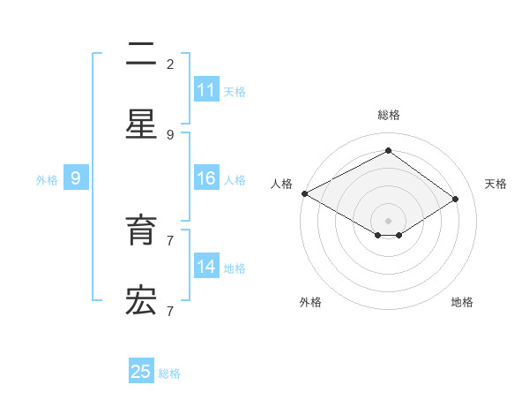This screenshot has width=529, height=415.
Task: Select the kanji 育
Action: [141, 230]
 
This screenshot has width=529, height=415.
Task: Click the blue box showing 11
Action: [206, 90]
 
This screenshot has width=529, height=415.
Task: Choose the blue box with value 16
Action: [206, 178]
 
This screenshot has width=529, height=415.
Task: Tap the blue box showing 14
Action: [206, 267]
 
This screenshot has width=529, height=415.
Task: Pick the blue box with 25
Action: [141, 372]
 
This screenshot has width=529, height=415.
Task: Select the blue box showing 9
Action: [76, 178]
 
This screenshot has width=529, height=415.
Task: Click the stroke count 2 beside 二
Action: [170, 64]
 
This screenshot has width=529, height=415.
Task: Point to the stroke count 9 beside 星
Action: [170, 134]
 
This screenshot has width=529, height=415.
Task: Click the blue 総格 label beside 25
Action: [169, 373]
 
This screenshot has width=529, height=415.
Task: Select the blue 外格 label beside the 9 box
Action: [47, 180]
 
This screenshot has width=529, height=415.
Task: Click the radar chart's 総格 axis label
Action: [388, 115]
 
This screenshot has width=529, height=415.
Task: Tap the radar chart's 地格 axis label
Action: [462, 302]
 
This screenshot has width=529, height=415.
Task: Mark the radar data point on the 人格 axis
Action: [304, 193]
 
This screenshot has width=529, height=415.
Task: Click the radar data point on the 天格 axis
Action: [456, 199]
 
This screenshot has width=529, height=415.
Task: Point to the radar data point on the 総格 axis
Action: [388, 151]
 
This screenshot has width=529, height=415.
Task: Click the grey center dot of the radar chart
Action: [388, 220]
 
